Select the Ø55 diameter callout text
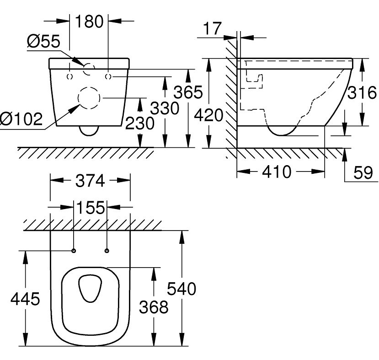click(43, 42)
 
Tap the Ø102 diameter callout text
click(21, 120)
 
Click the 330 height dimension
click(165, 108)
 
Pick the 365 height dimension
click(188, 92)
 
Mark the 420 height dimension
click(208, 115)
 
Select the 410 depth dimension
click(277, 172)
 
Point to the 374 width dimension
click(90, 181)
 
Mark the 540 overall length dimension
click(181, 289)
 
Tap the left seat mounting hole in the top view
click(74, 250)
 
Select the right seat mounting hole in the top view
click(107, 250)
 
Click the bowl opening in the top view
click(91, 289)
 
